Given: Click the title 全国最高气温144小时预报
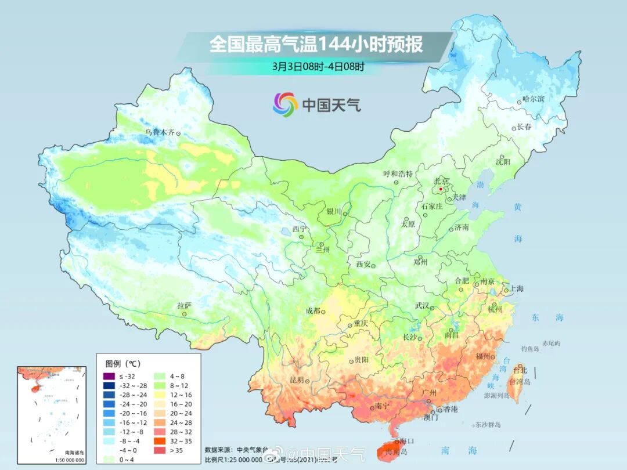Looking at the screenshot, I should point(316,45).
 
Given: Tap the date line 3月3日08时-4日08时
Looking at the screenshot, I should point(319,66).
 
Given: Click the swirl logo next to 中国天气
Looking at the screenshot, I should point(285,104).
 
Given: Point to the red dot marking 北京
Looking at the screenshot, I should point(441,189).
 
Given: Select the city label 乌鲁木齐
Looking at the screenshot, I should point(160,132).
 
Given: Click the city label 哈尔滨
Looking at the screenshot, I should point(533,99).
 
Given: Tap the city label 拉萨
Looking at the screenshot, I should point(184,305).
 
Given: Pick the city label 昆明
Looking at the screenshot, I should point(296,379).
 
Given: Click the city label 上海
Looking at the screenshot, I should point(516,289).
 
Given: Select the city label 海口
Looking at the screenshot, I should point(406,441).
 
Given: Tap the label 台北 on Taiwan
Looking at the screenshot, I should point(521,370).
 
